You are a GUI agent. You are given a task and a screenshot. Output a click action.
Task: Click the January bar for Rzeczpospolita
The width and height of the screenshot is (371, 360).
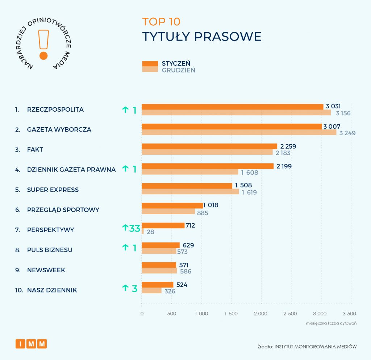[x=232, y=107]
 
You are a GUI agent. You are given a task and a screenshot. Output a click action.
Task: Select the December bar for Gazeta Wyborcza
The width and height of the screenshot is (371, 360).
[x=239, y=132]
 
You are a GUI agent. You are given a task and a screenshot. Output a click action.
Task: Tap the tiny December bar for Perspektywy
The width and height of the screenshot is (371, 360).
[x=143, y=231]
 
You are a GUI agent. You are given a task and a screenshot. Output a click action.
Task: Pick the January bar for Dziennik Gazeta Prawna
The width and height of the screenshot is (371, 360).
[x=208, y=166]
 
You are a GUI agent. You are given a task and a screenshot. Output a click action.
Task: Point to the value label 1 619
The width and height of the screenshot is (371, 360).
[x=249, y=193]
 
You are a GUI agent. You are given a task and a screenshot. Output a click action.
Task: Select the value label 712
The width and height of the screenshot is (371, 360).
[x=190, y=225]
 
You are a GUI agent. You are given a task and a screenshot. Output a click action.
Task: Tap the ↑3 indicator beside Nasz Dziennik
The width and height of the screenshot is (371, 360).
[x=130, y=289]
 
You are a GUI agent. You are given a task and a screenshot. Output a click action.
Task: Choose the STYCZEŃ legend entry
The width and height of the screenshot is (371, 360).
[x=176, y=63]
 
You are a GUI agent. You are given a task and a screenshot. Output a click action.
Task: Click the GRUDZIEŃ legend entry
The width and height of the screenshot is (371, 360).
[x=178, y=70]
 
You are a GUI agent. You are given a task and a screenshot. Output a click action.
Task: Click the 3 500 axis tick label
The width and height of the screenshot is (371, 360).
[x=349, y=314]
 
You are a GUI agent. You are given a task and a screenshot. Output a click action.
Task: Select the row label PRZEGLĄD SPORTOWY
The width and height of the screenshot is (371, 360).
[x=63, y=210]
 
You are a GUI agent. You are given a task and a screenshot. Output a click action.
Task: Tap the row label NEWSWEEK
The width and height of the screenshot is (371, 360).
[x=46, y=270]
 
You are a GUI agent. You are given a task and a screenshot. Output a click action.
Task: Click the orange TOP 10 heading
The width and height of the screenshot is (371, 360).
[x=161, y=22]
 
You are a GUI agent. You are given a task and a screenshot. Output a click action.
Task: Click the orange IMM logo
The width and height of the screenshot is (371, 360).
[x=31, y=344]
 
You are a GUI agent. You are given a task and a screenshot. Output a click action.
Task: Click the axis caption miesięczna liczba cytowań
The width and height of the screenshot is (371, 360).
[x=331, y=323]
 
